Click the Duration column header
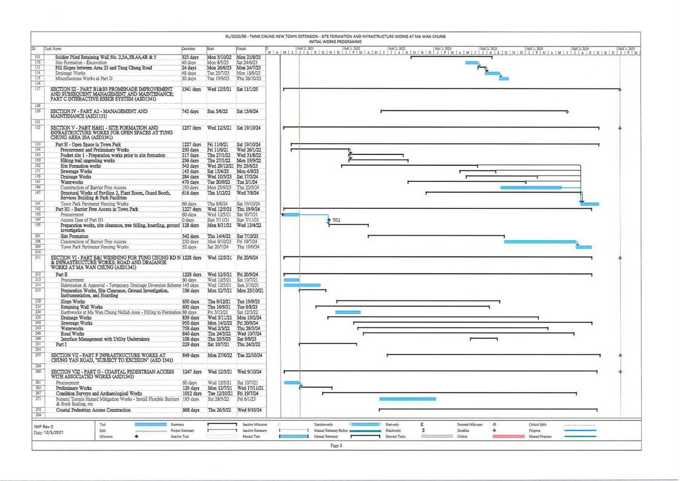pyautogui.click(x=189, y=47)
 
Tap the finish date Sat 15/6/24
pyautogui.click(x=247, y=111)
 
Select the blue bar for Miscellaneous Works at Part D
pyautogui.click(x=504, y=78)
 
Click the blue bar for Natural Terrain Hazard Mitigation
pyautogui.click(x=407, y=399)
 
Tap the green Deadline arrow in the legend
pyautogui.click(x=495, y=430)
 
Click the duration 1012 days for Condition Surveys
pyautogui.click(x=192, y=393)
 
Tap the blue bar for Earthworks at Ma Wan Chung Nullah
pyautogui.click(x=348, y=312)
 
